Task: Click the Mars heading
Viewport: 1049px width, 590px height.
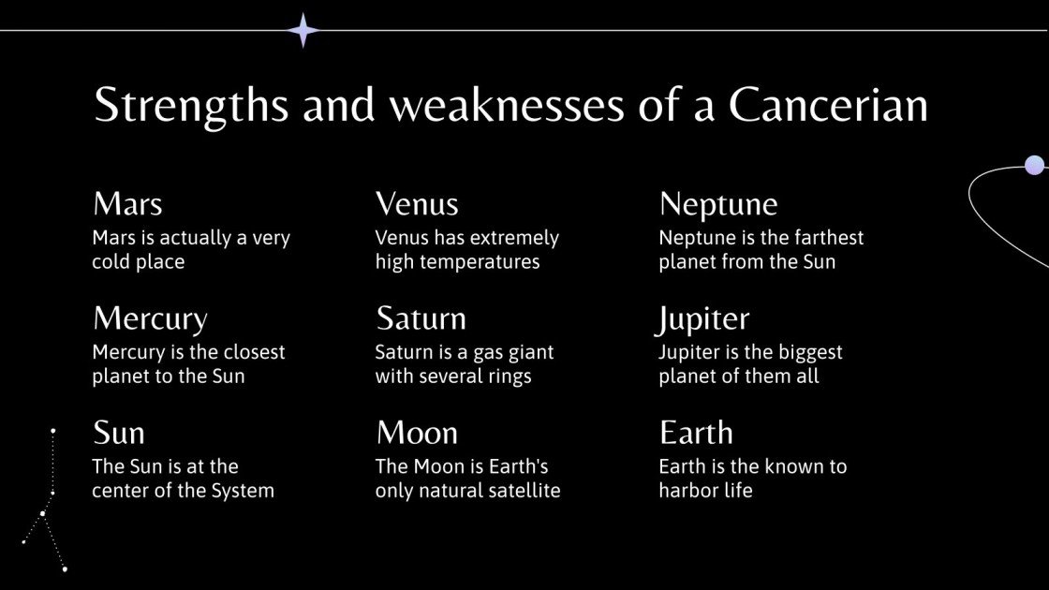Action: point(127,204)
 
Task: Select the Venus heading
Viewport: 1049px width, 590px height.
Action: point(417,204)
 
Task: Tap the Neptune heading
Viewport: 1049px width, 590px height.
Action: point(718,204)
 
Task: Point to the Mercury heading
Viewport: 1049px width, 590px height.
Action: point(150,319)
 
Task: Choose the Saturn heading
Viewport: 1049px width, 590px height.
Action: point(421,319)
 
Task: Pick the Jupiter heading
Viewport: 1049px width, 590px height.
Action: point(704,319)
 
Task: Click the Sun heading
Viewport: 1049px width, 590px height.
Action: point(119,434)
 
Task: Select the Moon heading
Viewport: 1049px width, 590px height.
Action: point(417,434)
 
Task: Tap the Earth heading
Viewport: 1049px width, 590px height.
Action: point(696,434)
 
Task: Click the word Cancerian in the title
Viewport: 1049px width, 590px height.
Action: point(828,106)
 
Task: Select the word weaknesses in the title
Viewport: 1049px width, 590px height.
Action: point(506,106)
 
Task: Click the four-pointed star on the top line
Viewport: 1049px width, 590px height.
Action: point(303,30)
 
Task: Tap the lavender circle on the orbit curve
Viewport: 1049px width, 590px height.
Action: point(1034,166)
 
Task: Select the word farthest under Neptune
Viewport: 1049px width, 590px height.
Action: point(824,238)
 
